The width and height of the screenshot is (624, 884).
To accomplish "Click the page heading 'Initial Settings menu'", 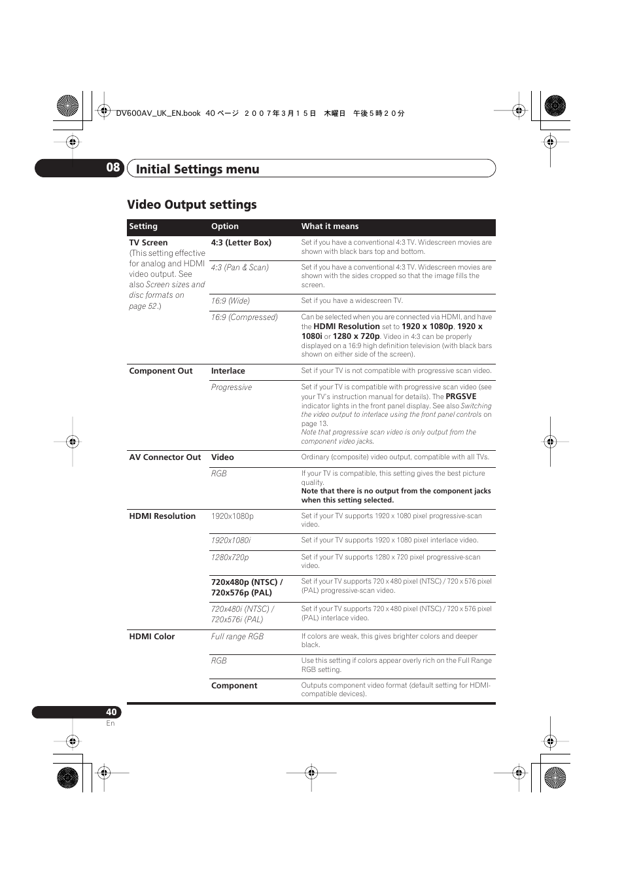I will (198, 169).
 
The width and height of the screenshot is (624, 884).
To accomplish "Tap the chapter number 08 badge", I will (113, 168).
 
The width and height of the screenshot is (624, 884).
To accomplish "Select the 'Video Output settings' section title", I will (192, 205).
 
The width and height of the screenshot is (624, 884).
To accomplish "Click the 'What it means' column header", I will (330, 226).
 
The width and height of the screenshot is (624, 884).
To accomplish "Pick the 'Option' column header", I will (224, 226).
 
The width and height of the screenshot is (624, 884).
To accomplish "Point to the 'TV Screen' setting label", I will (148, 243).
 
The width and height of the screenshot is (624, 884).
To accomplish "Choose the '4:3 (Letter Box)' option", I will (241, 243).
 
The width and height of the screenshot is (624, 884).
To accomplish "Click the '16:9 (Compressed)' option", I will (244, 317).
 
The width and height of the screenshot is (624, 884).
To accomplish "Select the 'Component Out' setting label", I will (161, 371).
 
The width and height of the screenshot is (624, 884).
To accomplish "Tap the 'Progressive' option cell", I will (231, 387).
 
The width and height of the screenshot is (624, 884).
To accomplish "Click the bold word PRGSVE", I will (460, 397).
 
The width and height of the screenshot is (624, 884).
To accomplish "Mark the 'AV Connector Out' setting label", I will (165, 457).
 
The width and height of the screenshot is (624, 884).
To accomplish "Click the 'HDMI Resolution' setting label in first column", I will (162, 516).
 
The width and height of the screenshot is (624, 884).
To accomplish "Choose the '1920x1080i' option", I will (230, 540).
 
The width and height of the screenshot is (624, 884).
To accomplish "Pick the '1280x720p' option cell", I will (230, 557).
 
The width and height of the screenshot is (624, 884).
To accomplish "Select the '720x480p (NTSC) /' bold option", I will (247, 582).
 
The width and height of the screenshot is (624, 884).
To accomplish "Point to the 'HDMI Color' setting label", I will (152, 637).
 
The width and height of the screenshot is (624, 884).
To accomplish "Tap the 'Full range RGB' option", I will (237, 637).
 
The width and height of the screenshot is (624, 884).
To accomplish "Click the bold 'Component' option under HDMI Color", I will (234, 686).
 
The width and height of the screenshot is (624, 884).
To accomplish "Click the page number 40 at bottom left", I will (111, 712).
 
